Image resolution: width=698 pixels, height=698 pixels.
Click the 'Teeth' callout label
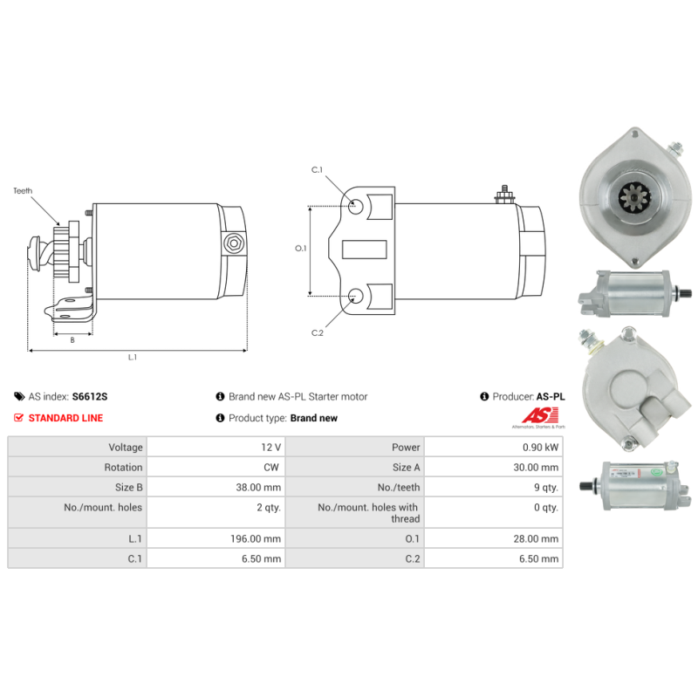click(x=23, y=189)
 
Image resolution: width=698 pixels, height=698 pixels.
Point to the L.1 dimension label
click(x=133, y=357)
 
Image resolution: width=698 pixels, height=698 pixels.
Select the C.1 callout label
click(x=318, y=169)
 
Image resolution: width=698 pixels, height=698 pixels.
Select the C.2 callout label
click(x=318, y=332)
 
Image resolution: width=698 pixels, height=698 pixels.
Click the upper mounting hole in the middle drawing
click(x=357, y=207)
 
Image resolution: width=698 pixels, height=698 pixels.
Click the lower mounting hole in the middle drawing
click(x=357, y=295)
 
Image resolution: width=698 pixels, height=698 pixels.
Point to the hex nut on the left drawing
click(x=232, y=243)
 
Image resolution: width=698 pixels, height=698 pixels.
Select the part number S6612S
click(x=90, y=396)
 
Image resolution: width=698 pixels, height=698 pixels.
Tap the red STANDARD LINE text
click(x=65, y=418)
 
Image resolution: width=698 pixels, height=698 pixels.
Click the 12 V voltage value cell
click(x=271, y=447)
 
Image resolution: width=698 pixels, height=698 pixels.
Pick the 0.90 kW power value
click(x=541, y=447)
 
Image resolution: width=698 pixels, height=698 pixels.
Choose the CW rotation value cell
click(x=271, y=468)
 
